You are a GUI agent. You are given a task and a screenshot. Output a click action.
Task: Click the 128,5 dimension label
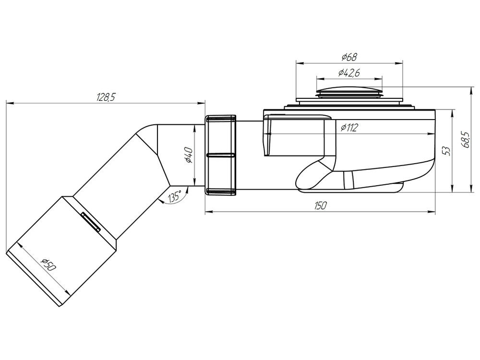[106, 97]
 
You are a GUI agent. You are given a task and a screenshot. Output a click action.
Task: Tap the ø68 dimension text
[349, 58]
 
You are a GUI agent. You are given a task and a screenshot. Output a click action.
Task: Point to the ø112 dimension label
[350, 128]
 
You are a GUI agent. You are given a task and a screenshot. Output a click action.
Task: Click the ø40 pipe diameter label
[189, 156]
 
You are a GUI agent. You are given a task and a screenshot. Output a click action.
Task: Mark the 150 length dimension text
[320, 205]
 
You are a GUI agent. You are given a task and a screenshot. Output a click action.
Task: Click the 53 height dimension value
[447, 151]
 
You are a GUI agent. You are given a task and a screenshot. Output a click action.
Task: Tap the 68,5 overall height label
[465, 140]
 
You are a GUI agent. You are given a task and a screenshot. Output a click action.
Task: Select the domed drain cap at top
[349, 90]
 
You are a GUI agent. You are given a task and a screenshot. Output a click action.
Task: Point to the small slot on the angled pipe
[90, 222]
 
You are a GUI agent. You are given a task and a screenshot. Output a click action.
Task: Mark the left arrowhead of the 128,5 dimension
[8, 102]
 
